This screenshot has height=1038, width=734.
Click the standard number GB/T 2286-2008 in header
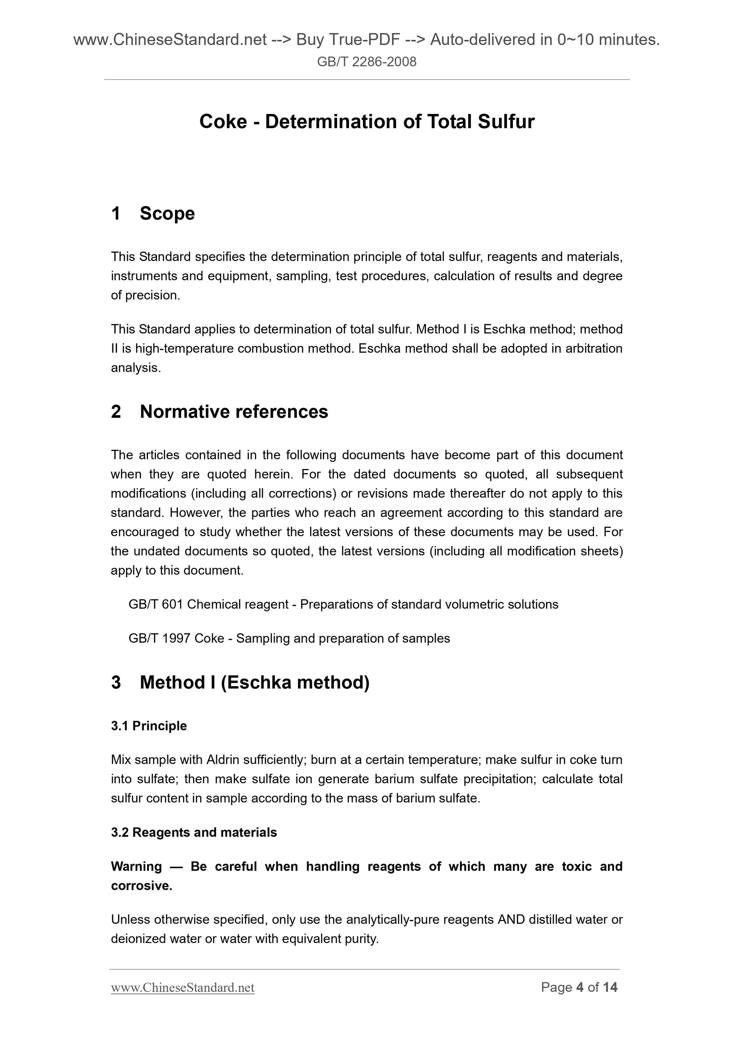click(366, 61)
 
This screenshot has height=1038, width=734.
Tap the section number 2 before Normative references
click(116, 411)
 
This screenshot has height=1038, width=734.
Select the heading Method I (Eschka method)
click(254, 682)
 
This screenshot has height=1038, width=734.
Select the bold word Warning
click(136, 866)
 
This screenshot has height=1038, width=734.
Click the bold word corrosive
click(141, 886)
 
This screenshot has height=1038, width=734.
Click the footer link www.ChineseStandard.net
click(183, 1000)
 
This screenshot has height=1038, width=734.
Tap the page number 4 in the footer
click(580, 1000)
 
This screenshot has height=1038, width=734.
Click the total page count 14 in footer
click(610, 1000)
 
